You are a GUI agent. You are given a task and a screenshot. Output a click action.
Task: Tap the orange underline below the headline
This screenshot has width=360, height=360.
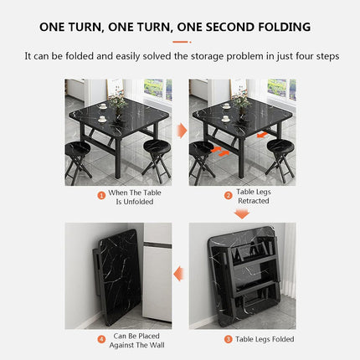pyautogui.click(x=181, y=41)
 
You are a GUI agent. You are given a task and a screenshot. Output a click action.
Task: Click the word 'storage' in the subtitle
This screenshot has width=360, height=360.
pyautogui.click(x=230, y=58)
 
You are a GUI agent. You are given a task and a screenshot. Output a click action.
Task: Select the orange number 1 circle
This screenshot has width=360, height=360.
pyautogui.click(x=101, y=195)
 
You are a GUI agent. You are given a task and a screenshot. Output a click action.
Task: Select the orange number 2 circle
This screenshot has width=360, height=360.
pyautogui.click(x=228, y=195)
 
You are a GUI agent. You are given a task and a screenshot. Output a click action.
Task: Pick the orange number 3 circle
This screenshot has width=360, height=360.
pyautogui.click(x=228, y=339)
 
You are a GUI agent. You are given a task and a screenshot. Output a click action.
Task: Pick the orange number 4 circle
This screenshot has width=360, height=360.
pyautogui.click(x=101, y=339)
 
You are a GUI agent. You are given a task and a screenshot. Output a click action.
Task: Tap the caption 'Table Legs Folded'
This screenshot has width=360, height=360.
pyautogui.click(x=265, y=339)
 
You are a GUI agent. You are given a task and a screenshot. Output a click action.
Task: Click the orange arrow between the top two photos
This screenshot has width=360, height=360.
pyautogui.click(x=180, y=132)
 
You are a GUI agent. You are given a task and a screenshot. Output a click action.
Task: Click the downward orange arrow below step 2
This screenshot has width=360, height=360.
pyautogui.click(x=242, y=213)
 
